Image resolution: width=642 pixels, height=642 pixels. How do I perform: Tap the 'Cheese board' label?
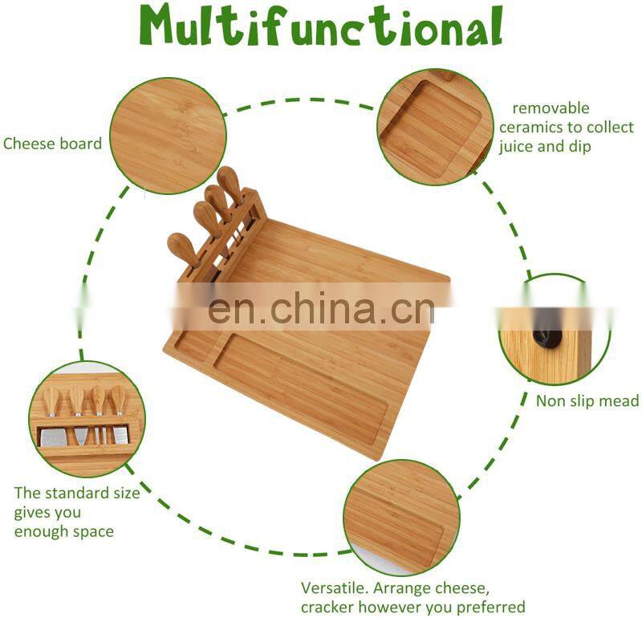(52, 144)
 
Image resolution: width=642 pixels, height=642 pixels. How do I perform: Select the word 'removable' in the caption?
(551, 108)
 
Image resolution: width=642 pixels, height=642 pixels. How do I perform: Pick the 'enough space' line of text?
(63, 531)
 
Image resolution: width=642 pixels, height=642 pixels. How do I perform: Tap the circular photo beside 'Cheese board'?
(165, 136)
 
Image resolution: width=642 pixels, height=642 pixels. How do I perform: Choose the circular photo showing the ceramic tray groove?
(433, 127)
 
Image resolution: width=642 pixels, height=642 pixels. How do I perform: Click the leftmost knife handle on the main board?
(181, 249)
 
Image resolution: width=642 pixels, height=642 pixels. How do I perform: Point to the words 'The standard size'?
(76, 493)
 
